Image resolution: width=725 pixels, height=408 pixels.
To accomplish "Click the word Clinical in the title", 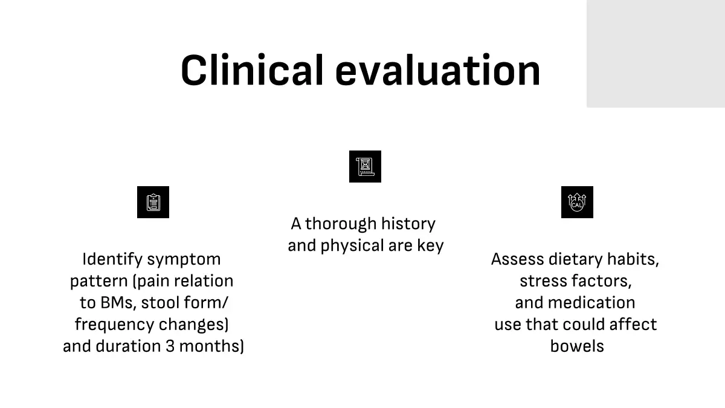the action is click(x=252, y=70).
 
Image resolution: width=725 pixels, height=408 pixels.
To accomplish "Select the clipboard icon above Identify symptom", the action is click(x=153, y=202).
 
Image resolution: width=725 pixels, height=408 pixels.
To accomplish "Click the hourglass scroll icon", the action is click(x=365, y=166).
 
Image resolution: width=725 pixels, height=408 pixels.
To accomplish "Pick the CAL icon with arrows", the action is click(x=577, y=202).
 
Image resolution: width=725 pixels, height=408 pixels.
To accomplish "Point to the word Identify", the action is click(x=112, y=260).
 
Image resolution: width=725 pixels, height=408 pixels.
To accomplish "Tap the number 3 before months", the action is click(x=170, y=346).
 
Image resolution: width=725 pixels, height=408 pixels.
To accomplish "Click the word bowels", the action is click(x=577, y=346).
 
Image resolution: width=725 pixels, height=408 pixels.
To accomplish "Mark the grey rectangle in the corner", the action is click(x=656, y=54).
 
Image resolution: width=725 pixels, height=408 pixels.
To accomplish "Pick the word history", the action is click(x=408, y=224).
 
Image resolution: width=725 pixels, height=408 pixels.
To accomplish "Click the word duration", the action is click(x=129, y=346).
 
